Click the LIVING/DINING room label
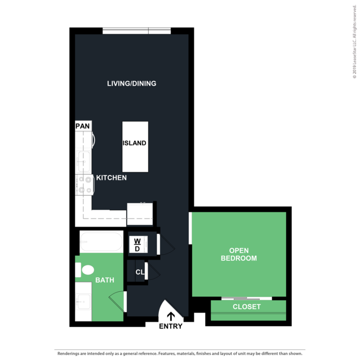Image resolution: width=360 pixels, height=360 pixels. tap(132, 83)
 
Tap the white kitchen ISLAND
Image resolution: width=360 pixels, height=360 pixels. tap(135, 146)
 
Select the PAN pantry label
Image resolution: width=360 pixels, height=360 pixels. tap(83, 126)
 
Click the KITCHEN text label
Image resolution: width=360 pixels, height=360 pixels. tap(112, 177)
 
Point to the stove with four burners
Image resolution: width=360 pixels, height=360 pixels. tap(85, 185)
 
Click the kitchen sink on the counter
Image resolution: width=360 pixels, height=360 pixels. tap(83, 162)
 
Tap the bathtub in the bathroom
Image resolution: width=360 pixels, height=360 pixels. tap(101, 242)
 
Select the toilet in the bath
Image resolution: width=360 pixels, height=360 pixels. tap(85, 270)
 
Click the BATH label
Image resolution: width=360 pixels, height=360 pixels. tap(105, 280)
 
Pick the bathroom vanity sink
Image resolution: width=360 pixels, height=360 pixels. tap(83, 302)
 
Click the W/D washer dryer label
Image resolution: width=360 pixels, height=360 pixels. tap(137, 245)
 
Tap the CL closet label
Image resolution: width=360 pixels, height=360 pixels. tap(140, 272)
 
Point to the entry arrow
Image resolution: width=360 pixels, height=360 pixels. tap(171, 317)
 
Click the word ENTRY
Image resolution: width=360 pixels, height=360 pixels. tap(171, 326)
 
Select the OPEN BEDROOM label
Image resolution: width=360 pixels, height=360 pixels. tap(239, 255)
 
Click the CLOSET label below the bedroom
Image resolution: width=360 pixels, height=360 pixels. tap(247, 306)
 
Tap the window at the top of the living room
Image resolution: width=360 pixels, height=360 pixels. tap(136, 31)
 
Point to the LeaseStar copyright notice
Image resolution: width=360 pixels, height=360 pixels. tap(355, 42)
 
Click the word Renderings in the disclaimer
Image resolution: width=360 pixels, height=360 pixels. tap(69, 354)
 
